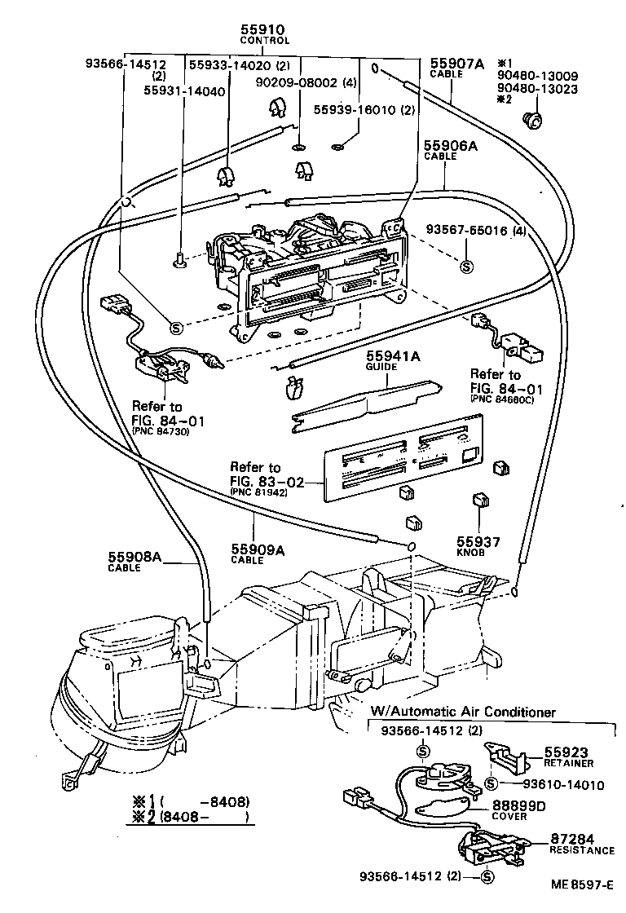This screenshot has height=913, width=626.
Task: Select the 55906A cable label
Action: click(x=450, y=147)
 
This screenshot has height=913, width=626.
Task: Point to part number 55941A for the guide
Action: click(x=393, y=356)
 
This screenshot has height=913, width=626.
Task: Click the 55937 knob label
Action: click(x=478, y=540)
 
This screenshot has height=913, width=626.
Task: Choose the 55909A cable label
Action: click(x=258, y=549)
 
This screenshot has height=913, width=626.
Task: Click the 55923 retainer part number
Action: click(x=566, y=752)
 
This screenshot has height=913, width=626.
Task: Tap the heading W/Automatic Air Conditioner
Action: click(x=463, y=712)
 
